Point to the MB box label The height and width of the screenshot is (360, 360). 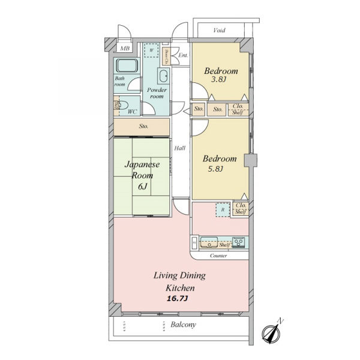125,48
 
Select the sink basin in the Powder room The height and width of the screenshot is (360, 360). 162,76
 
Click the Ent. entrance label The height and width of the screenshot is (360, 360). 183,56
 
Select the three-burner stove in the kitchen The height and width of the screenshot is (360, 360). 239,243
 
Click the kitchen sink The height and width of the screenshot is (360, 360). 209,243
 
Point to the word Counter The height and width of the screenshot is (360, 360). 218,256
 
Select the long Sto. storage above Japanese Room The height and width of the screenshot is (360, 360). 143,126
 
